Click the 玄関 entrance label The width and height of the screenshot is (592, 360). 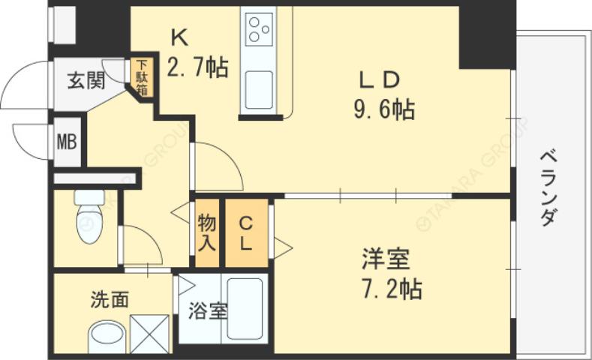86,80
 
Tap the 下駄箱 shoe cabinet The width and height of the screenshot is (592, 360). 142,77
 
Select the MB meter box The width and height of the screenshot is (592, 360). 68,140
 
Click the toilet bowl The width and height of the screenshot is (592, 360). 89,217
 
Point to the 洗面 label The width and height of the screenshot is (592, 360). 110,300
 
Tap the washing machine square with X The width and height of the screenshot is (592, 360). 150,333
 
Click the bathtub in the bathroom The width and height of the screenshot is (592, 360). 245,309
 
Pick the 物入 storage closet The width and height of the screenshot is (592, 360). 207,232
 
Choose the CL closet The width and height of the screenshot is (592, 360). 246,232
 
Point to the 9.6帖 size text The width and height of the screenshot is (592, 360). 384,110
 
